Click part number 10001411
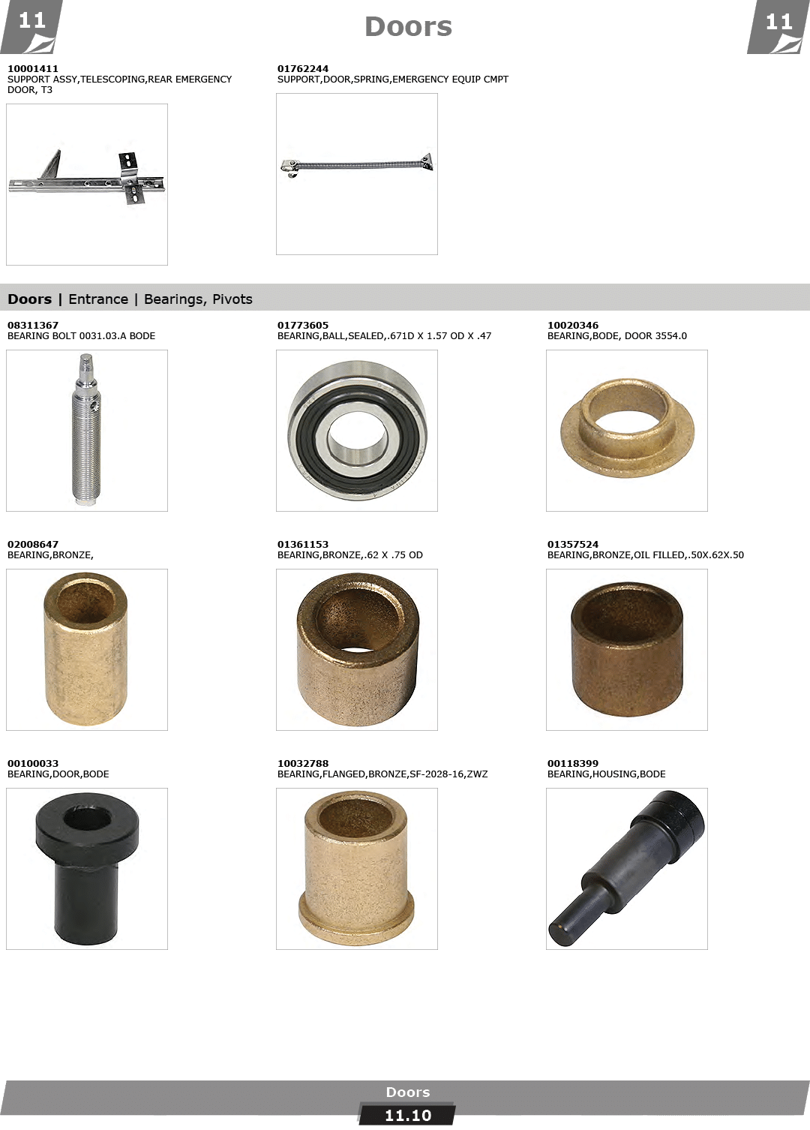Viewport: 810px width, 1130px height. pyautogui.click(x=33, y=68)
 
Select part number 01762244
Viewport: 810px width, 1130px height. pyautogui.click(x=302, y=68)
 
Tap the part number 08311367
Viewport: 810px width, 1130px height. pyautogui.click(x=33, y=326)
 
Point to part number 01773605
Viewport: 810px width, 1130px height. pyautogui.click(x=302, y=326)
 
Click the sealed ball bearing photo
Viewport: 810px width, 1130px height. pyautogui.click(x=357, y=430)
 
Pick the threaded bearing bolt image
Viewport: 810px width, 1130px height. pyautogui.click(x=87, y=429)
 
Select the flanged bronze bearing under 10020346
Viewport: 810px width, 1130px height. pyautogui.click(x=627, y=428)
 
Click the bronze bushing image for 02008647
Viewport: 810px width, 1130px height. pyautogui.click(x=85, y=649)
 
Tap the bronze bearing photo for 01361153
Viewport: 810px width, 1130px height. pyautogui.click(x=357, y=650)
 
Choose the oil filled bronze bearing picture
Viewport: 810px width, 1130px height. pyautogui.click(x=627, y=649)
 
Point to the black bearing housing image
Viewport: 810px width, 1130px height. pyautogui.click(x=626, y=868)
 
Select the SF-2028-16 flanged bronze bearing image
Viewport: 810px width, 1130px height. pyautogui.click(x=356, y=868)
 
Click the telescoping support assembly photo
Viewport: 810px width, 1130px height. pyautogui.click(x=86, y=178)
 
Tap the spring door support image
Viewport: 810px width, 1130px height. pyautogui.click(x=357, y=165)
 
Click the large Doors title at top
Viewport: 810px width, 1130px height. pyautogui.click(x=408, y=27)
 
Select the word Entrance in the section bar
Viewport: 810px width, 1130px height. pyautogui.click(x=98, y=299)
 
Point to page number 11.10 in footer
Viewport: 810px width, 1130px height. pyautogui.click(x=408, y=1116)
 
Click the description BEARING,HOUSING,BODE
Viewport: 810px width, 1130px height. pyautogui.click(x=606, y=774)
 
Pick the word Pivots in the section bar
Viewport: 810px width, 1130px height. pyautogui.click(x=232, y=299)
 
